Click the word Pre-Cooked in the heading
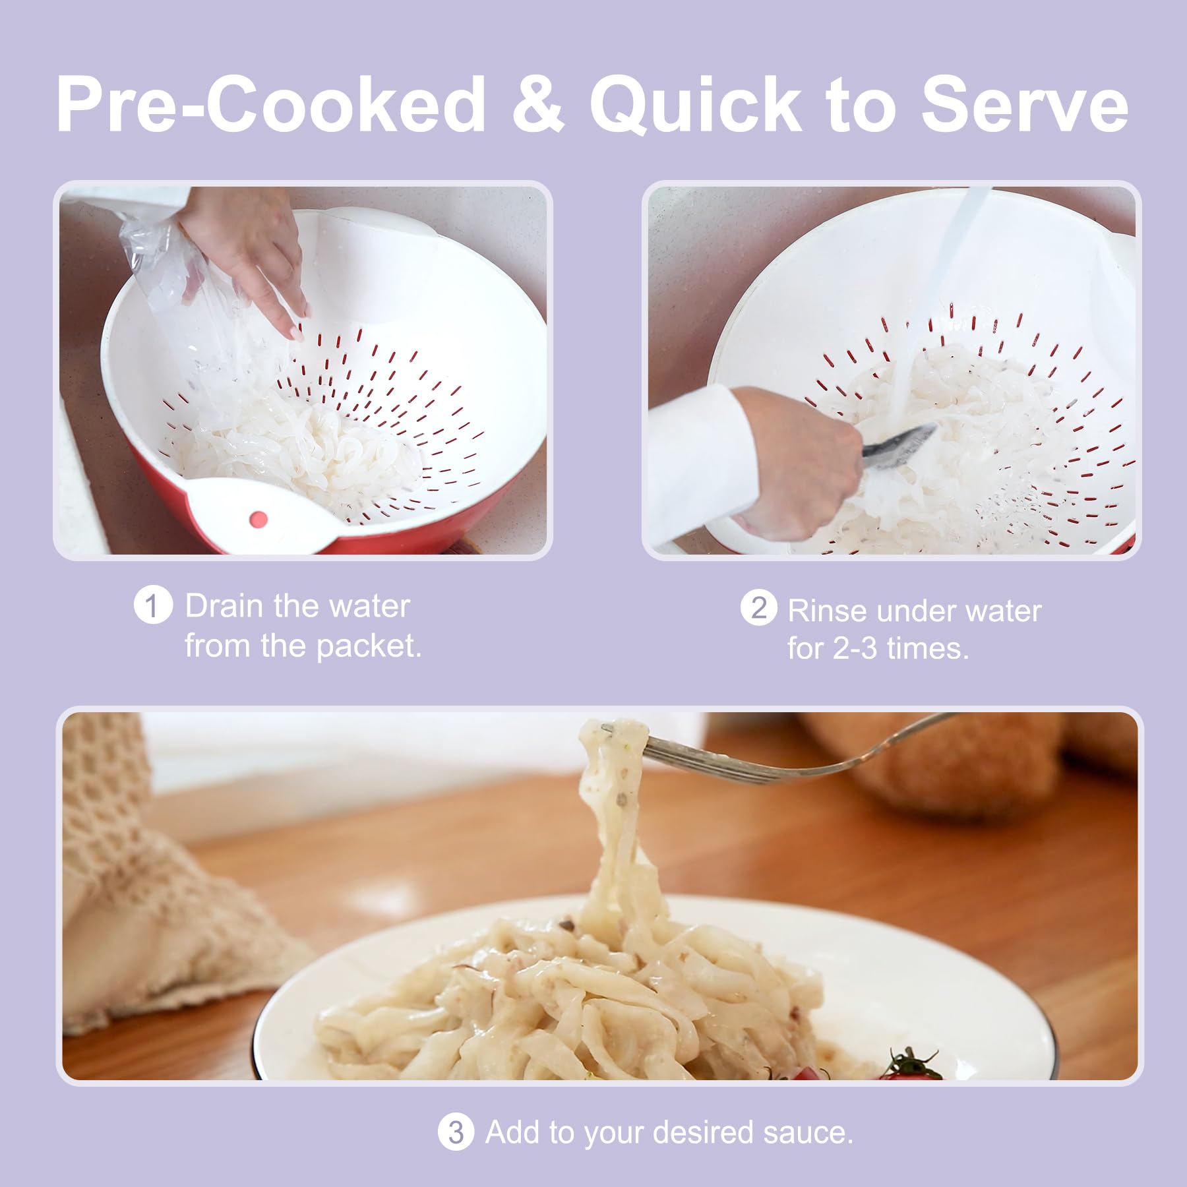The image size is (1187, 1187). tap(271, 106)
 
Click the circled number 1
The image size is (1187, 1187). tap(153, 606)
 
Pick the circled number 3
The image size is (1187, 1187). tap(456, 1133)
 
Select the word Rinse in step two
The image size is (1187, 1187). tap(828, 611)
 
